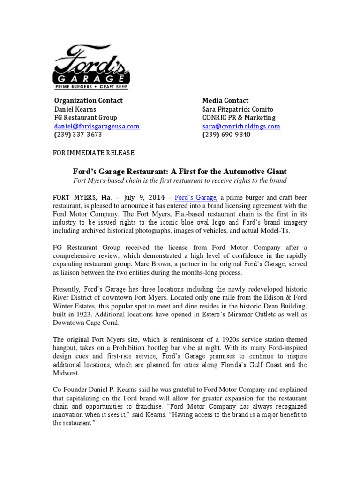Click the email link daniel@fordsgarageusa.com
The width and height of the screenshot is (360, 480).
97,126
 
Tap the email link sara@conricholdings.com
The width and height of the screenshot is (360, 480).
241,126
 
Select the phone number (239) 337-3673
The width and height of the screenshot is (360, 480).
78,135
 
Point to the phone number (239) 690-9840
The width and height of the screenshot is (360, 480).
226,135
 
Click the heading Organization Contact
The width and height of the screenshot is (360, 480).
88,100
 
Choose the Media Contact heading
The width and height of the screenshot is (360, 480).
225,100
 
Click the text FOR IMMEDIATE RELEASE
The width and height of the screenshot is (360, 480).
94,153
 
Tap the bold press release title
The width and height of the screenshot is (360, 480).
180,171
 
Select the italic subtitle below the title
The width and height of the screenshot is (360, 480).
180,180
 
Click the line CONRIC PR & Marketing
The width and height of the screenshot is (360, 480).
239,117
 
